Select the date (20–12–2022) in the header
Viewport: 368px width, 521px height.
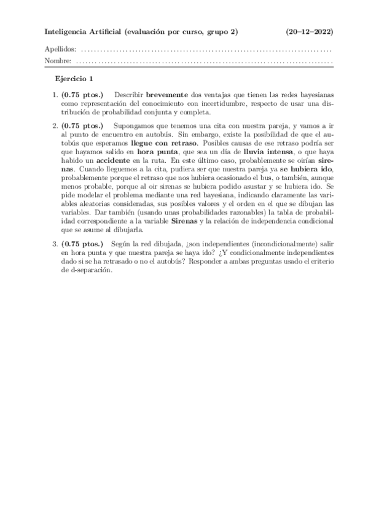[x=310, y=31]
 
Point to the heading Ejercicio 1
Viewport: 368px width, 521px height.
[x=74, y=79]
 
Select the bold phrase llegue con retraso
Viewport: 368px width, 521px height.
[x=162, y=141]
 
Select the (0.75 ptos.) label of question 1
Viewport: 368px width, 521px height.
[x=83, y=95]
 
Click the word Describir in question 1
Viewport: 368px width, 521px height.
[x=128, y=95]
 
